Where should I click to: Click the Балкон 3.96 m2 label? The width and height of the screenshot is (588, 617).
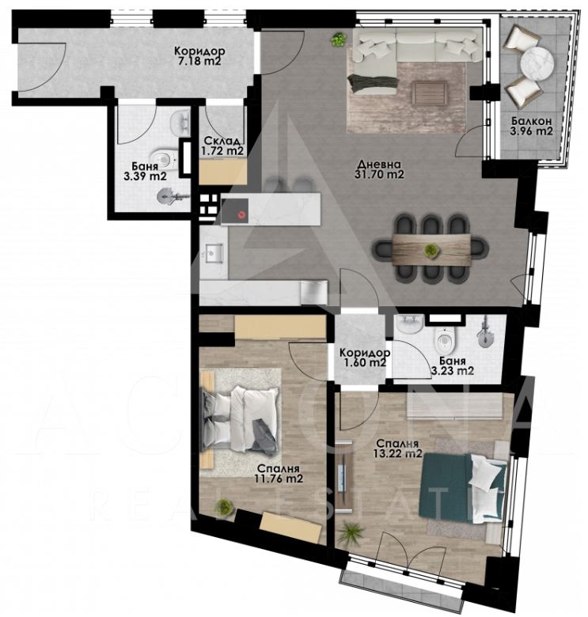click(x=531, y=126)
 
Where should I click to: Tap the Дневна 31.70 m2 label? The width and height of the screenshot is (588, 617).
click(x=379, y=169)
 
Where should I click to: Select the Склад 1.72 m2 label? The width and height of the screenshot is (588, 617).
click(x=222, y=146)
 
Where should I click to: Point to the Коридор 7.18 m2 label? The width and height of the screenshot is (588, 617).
click(x=199, y=56)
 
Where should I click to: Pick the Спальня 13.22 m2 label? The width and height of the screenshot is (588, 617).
click(x=397, y=449)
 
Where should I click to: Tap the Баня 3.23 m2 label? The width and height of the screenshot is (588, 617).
click(x=452, y=366)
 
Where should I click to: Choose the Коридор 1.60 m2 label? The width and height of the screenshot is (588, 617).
click(x=365, y=358)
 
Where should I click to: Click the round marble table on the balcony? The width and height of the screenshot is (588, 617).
click(x=537, y=63)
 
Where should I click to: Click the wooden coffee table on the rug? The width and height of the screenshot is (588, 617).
click(x=430, y=93)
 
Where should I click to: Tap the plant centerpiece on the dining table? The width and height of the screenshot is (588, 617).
click(x=431, y=250)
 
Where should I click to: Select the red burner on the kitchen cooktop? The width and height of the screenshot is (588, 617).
click(x=241, y=214)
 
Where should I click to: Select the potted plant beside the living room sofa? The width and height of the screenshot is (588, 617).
click(x=339, y=40)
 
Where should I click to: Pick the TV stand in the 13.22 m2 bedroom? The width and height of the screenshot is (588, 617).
click(x=345, y=477)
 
